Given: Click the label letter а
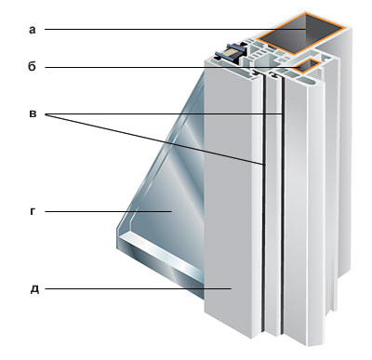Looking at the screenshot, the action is click(x=33, y=30).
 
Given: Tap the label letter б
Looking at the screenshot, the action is click(x=32, y=67).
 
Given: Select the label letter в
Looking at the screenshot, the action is click(x=33, y=114).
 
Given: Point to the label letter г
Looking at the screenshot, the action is click(x=33, y=211).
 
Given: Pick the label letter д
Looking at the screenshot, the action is click(x=34, y=289).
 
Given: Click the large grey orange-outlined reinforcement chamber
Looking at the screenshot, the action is click(x=302, y=32).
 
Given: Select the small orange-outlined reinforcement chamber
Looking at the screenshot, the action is click(x=306, y=66).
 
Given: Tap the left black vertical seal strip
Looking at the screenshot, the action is click(x=264, y=205).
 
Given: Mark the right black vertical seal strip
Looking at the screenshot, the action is click(x=283, y=205).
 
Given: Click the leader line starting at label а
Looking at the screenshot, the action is click(x=175, y=30).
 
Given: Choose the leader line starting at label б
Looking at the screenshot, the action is click(x=174, y=67).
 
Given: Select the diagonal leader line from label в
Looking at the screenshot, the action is click(x=155, y=140).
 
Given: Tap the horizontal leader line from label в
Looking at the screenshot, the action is click(x=164, y=114).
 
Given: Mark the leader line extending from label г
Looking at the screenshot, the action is click(x=108, y=211).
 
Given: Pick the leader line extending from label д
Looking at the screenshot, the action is click(x=138, y=288).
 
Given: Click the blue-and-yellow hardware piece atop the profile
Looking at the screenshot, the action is click(x=232, y=53).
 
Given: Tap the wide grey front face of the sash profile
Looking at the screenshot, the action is click(x=228, y=202).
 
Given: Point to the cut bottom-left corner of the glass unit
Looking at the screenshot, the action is click(x=117, y=230).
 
